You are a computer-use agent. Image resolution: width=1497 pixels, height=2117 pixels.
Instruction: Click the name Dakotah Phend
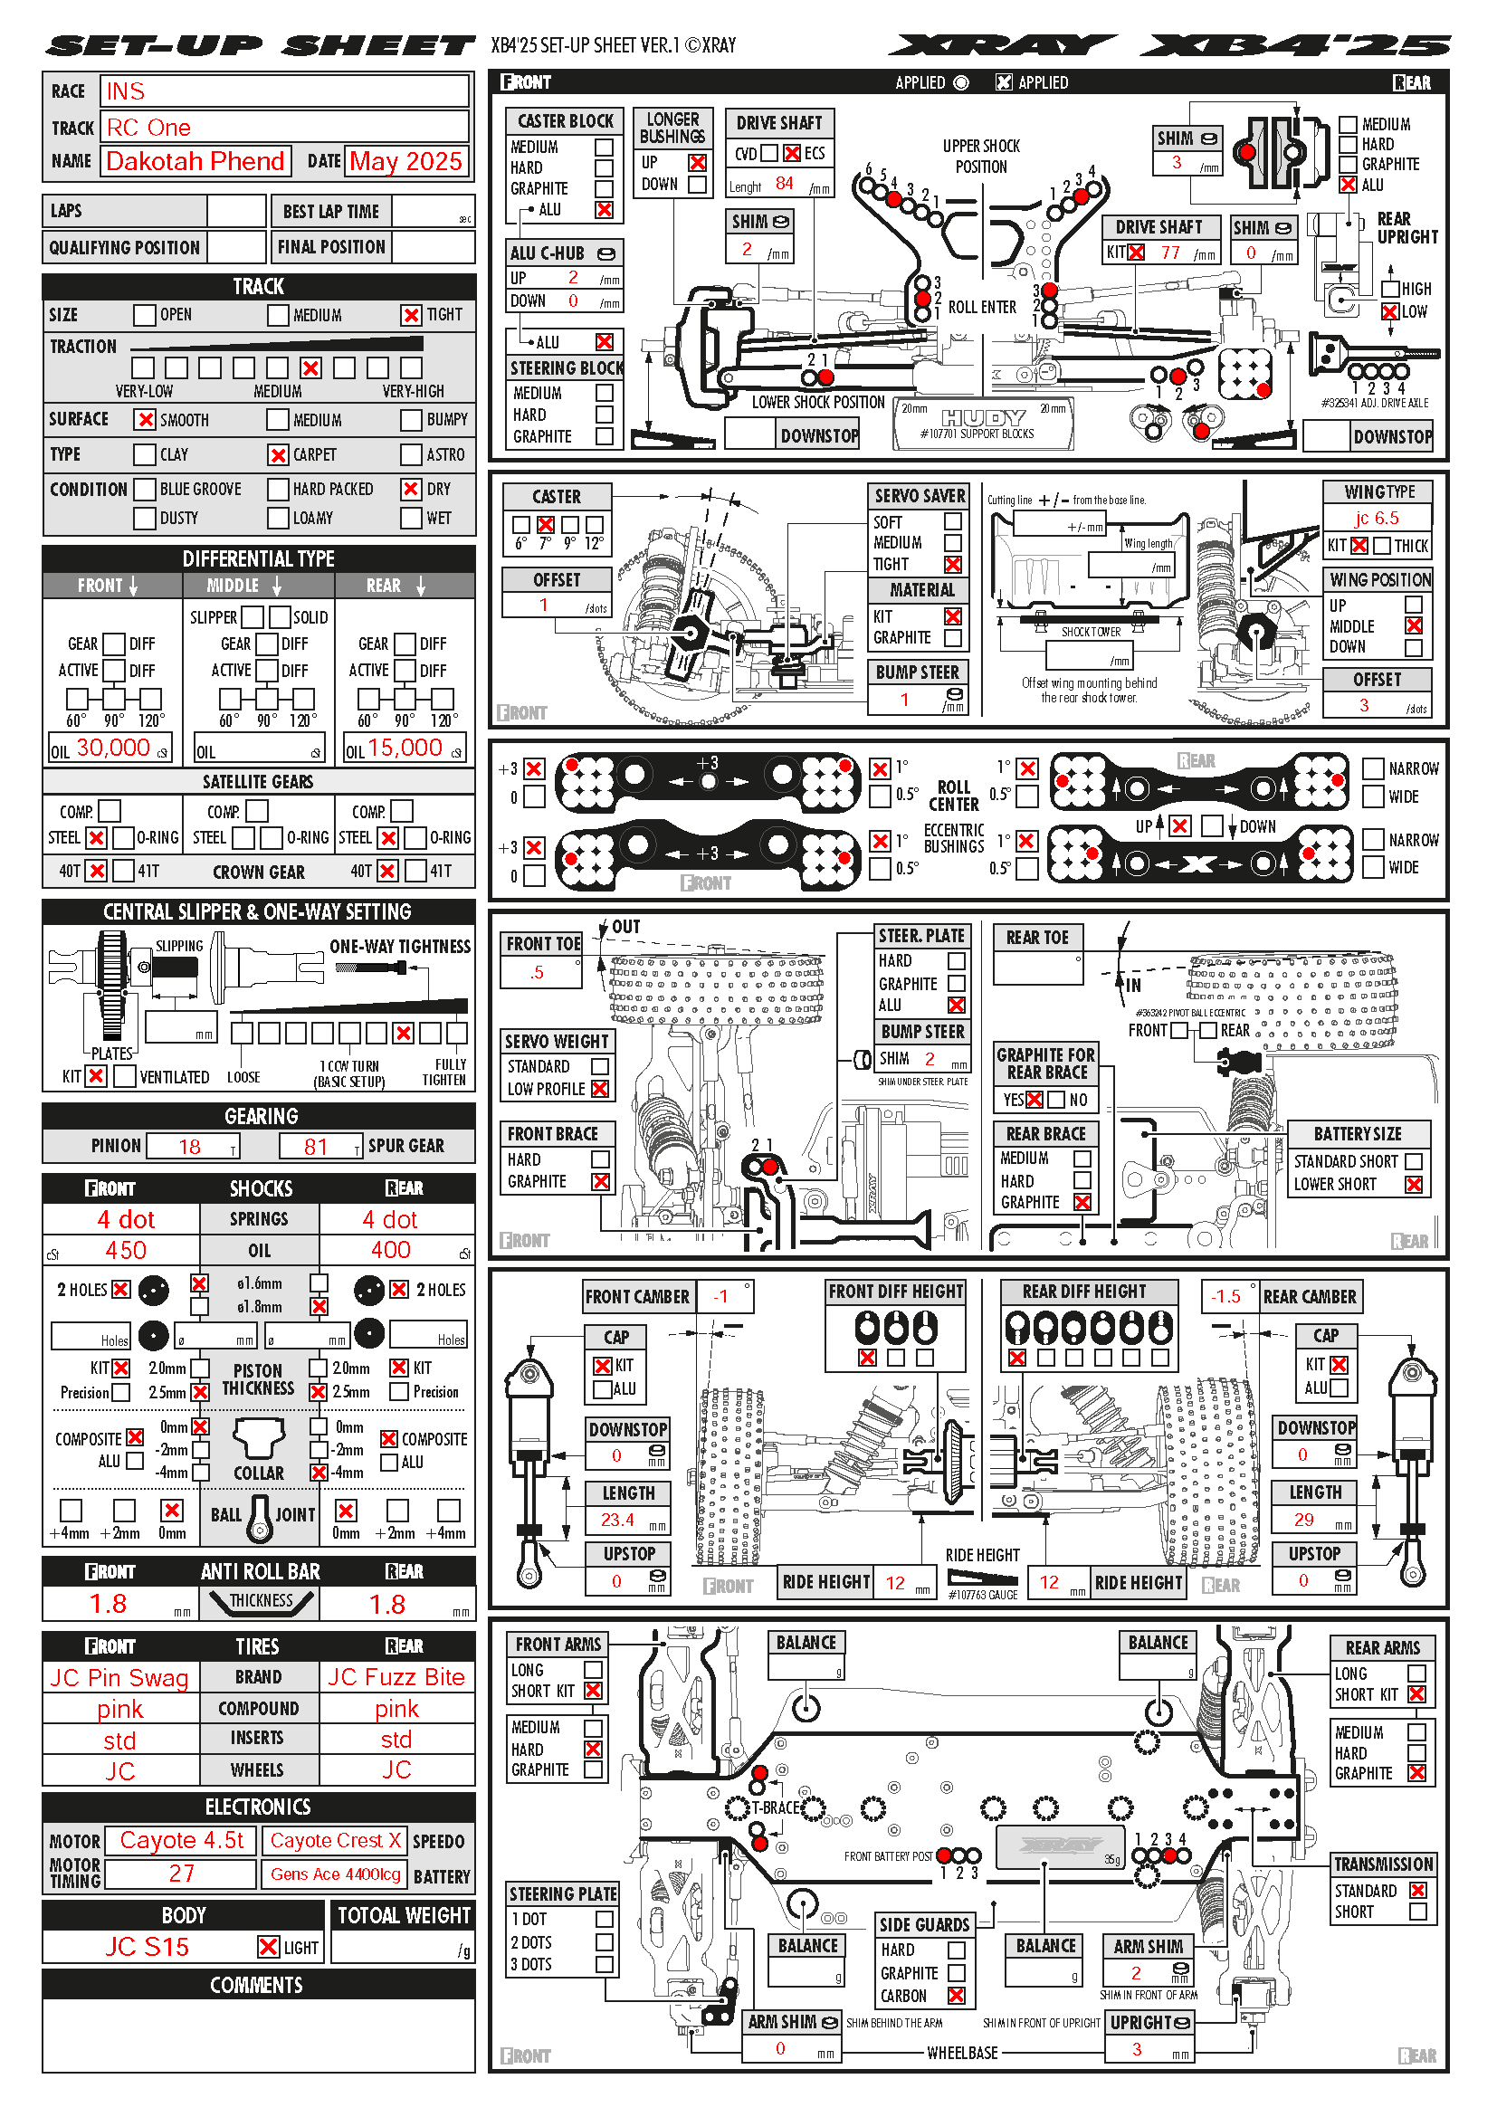(195, 161)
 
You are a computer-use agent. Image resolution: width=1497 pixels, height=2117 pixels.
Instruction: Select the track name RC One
(148, 128)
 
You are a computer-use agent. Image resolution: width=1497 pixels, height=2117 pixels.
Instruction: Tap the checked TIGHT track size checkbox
(411, 315)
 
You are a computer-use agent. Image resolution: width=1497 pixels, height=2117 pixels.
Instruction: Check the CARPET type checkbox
(279, 454)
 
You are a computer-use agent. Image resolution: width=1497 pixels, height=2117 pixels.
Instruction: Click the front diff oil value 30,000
(112, 748)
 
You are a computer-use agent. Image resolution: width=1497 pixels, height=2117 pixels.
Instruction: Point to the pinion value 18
(190, 1146)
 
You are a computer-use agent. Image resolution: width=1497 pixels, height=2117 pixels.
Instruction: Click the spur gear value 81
(316, 1146)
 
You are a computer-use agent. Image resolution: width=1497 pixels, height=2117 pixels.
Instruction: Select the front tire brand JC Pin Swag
(119, 1677)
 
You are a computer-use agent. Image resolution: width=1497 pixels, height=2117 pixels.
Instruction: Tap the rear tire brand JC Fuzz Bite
(396, 1677)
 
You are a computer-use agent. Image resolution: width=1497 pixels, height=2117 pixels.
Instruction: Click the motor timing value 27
(181, 1873)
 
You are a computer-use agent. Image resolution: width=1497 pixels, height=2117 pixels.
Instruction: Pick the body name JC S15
(147, 1947)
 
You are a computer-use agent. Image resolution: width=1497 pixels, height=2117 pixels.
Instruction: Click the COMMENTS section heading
(257, 1985)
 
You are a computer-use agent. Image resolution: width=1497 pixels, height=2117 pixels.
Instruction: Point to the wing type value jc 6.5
(1377, 519)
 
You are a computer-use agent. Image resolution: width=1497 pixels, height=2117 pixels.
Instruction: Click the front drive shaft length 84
(784, 184)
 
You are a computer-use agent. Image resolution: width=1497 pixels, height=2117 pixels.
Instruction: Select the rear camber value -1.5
(1226, 1296)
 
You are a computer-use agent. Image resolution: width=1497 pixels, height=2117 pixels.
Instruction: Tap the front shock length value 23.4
(616, 1520)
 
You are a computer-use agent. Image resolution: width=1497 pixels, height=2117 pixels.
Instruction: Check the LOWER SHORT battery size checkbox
(1413, 1185)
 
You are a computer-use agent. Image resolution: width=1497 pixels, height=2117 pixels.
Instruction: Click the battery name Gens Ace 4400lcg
(336, 1874)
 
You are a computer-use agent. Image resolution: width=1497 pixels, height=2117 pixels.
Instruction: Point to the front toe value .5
(537, 973)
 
